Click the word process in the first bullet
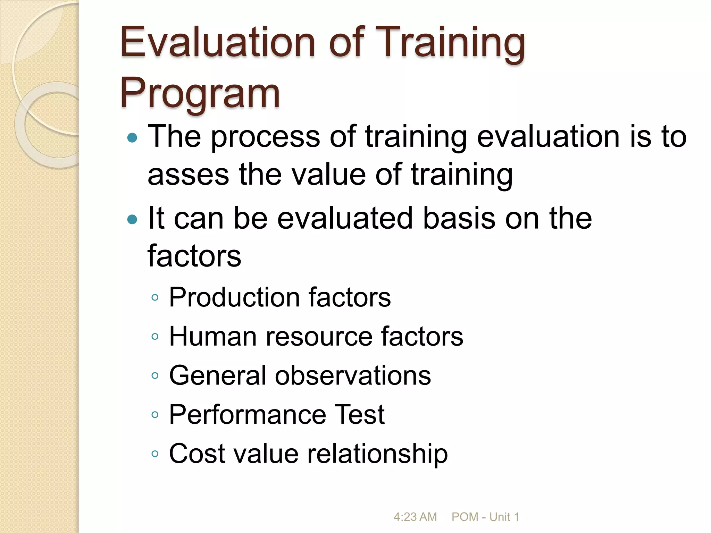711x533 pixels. pos(265,137)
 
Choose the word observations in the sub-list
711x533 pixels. pos(353,375)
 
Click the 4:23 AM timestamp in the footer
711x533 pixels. pos(415,517)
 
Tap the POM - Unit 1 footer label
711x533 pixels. pos(485,517)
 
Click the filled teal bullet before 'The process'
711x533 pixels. pos(132,138)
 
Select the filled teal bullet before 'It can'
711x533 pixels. pos(132,219)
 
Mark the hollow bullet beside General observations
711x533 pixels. pos(155,376)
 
